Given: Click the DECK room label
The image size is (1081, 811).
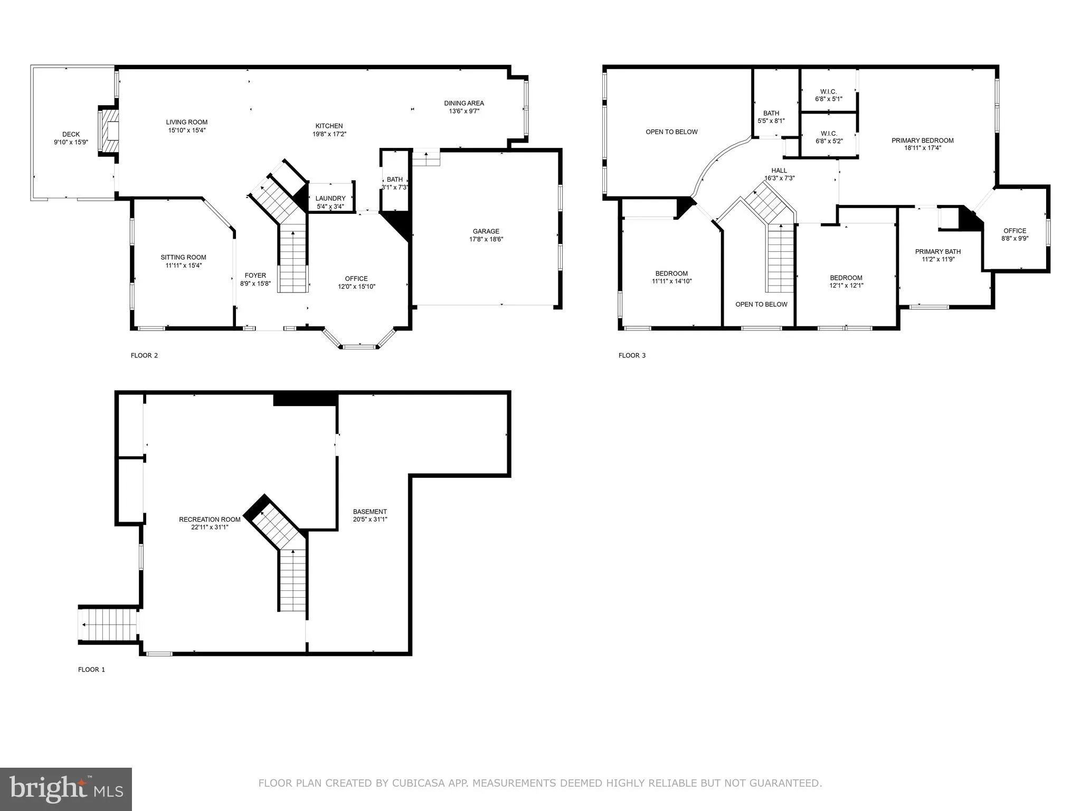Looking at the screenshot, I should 71,135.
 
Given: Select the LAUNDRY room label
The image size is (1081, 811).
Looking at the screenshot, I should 330,199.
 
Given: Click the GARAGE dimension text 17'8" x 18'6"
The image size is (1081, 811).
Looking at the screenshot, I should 486,239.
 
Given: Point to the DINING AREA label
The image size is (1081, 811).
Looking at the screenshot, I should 463,103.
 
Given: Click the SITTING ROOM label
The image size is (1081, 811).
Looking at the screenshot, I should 183,258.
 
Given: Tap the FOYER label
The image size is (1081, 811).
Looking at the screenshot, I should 255,276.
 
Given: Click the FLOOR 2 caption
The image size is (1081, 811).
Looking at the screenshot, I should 144,355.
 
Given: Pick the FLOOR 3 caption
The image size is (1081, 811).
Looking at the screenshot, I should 632,355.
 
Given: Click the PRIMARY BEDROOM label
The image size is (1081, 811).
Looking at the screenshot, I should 922,140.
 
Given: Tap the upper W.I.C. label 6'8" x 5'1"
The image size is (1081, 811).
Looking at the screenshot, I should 829,92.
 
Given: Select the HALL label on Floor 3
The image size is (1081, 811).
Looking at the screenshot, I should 779,171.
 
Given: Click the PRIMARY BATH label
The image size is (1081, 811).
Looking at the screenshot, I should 937,252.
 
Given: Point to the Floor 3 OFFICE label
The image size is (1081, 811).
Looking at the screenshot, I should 1014,231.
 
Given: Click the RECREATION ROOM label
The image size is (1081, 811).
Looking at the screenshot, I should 210,520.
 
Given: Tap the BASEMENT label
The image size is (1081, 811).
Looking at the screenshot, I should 369,512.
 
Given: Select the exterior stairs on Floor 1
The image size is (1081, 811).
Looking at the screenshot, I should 108,625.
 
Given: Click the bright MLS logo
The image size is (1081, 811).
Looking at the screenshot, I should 66,789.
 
